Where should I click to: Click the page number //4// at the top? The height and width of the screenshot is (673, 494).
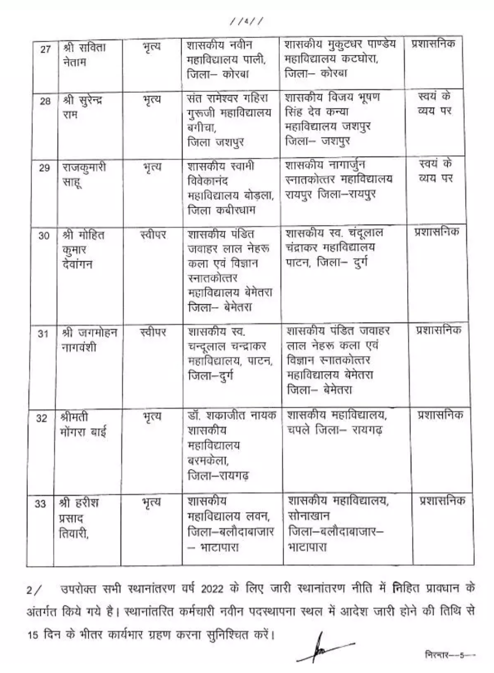pos(247,21)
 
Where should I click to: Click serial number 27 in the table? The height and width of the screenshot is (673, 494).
pos(45,49)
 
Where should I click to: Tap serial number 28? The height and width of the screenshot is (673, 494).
pos(45,101)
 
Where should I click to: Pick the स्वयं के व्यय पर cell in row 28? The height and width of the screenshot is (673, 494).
pos(435,104)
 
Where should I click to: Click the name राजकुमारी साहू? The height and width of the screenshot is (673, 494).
pos(84,174)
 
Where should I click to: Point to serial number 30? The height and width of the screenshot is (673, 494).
pos(44,236)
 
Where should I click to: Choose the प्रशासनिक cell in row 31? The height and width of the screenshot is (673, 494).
pos(439,330)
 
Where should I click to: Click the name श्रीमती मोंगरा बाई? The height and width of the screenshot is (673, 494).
pos(82,425)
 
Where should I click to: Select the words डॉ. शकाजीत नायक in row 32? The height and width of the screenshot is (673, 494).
pos(231,415)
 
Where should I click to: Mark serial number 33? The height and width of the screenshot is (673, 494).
pos(41,504)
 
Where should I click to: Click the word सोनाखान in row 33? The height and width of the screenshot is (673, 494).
pos(309,516)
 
